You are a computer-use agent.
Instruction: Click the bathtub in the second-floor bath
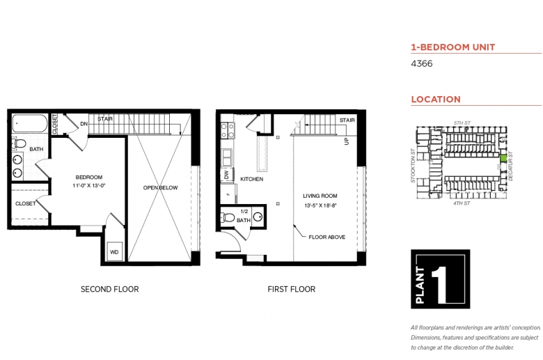30,123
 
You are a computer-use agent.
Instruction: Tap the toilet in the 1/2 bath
228,217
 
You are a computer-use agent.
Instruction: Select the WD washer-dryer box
114,252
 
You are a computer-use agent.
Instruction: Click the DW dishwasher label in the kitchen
226,175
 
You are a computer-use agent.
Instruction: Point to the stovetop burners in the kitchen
227,130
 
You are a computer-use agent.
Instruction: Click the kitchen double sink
227,157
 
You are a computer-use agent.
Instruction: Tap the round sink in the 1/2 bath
258,217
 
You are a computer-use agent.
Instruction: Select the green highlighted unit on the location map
503,158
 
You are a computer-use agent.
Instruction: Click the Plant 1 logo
441,279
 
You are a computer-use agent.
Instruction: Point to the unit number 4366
422,64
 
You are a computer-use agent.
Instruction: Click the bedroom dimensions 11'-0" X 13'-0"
89,185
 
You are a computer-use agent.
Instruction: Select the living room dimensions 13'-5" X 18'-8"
321,205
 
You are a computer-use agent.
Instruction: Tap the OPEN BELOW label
160,188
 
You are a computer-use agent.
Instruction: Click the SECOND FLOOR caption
110,289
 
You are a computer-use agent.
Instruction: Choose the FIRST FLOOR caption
292,289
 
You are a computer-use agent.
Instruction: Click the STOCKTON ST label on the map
413,166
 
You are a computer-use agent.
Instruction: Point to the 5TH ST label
462,123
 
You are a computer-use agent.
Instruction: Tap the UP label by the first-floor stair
347,141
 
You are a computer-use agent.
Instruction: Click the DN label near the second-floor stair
84,124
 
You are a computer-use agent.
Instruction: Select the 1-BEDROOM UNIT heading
453,47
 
